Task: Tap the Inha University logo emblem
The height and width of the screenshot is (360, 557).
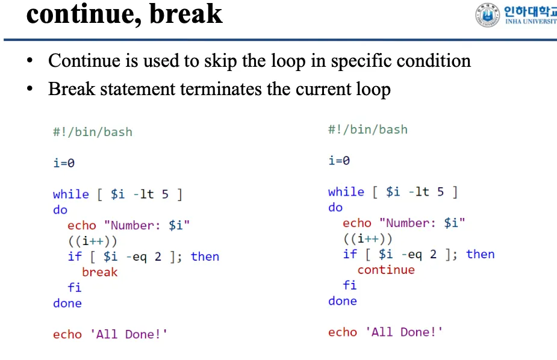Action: (487, 14)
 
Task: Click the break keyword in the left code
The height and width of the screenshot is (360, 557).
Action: (99, 272)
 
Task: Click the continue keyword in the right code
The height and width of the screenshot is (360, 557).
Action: (386, 270)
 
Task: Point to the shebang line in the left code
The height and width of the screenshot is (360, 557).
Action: (92, 132)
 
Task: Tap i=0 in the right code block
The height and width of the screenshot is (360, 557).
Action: (339, 160)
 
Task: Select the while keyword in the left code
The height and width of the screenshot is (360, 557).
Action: (70, 194)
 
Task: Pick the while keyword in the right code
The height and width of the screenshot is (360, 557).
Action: (346, 191)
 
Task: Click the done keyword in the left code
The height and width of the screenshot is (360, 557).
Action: (67, 303)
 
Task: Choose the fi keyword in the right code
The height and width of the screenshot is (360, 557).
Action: (349, 285)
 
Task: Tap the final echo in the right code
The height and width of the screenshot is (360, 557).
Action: (342, 332)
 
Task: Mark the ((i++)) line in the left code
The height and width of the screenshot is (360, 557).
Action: (92, 241)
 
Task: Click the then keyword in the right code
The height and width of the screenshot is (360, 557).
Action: (480, 254)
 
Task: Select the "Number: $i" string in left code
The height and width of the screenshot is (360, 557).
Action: (146, 225)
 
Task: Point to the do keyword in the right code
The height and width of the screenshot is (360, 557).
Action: (335, 207)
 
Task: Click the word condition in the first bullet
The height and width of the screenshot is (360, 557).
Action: (430, 61)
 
